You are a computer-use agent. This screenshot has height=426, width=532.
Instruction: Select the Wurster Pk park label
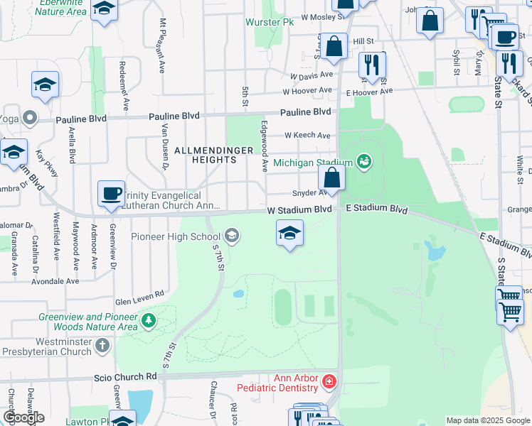click(270, 23)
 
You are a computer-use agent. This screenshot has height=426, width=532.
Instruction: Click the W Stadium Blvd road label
click(299, 209)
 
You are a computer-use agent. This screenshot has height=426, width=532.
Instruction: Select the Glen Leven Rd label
click(140, 293)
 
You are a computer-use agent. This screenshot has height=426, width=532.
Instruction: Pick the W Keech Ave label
click(307, 135)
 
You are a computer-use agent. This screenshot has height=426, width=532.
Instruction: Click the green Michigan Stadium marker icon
click(364, 162)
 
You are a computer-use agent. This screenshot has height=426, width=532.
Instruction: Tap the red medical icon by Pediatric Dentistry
click(329, 383)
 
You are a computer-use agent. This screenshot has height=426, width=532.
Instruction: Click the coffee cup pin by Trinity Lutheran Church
click(111, 193)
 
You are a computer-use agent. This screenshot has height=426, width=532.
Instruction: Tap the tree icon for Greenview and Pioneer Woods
click(148, 321)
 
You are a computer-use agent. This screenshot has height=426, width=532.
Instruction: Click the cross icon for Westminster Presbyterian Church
click(102, 346)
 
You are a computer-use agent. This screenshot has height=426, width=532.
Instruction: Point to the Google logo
click(23, 417)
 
